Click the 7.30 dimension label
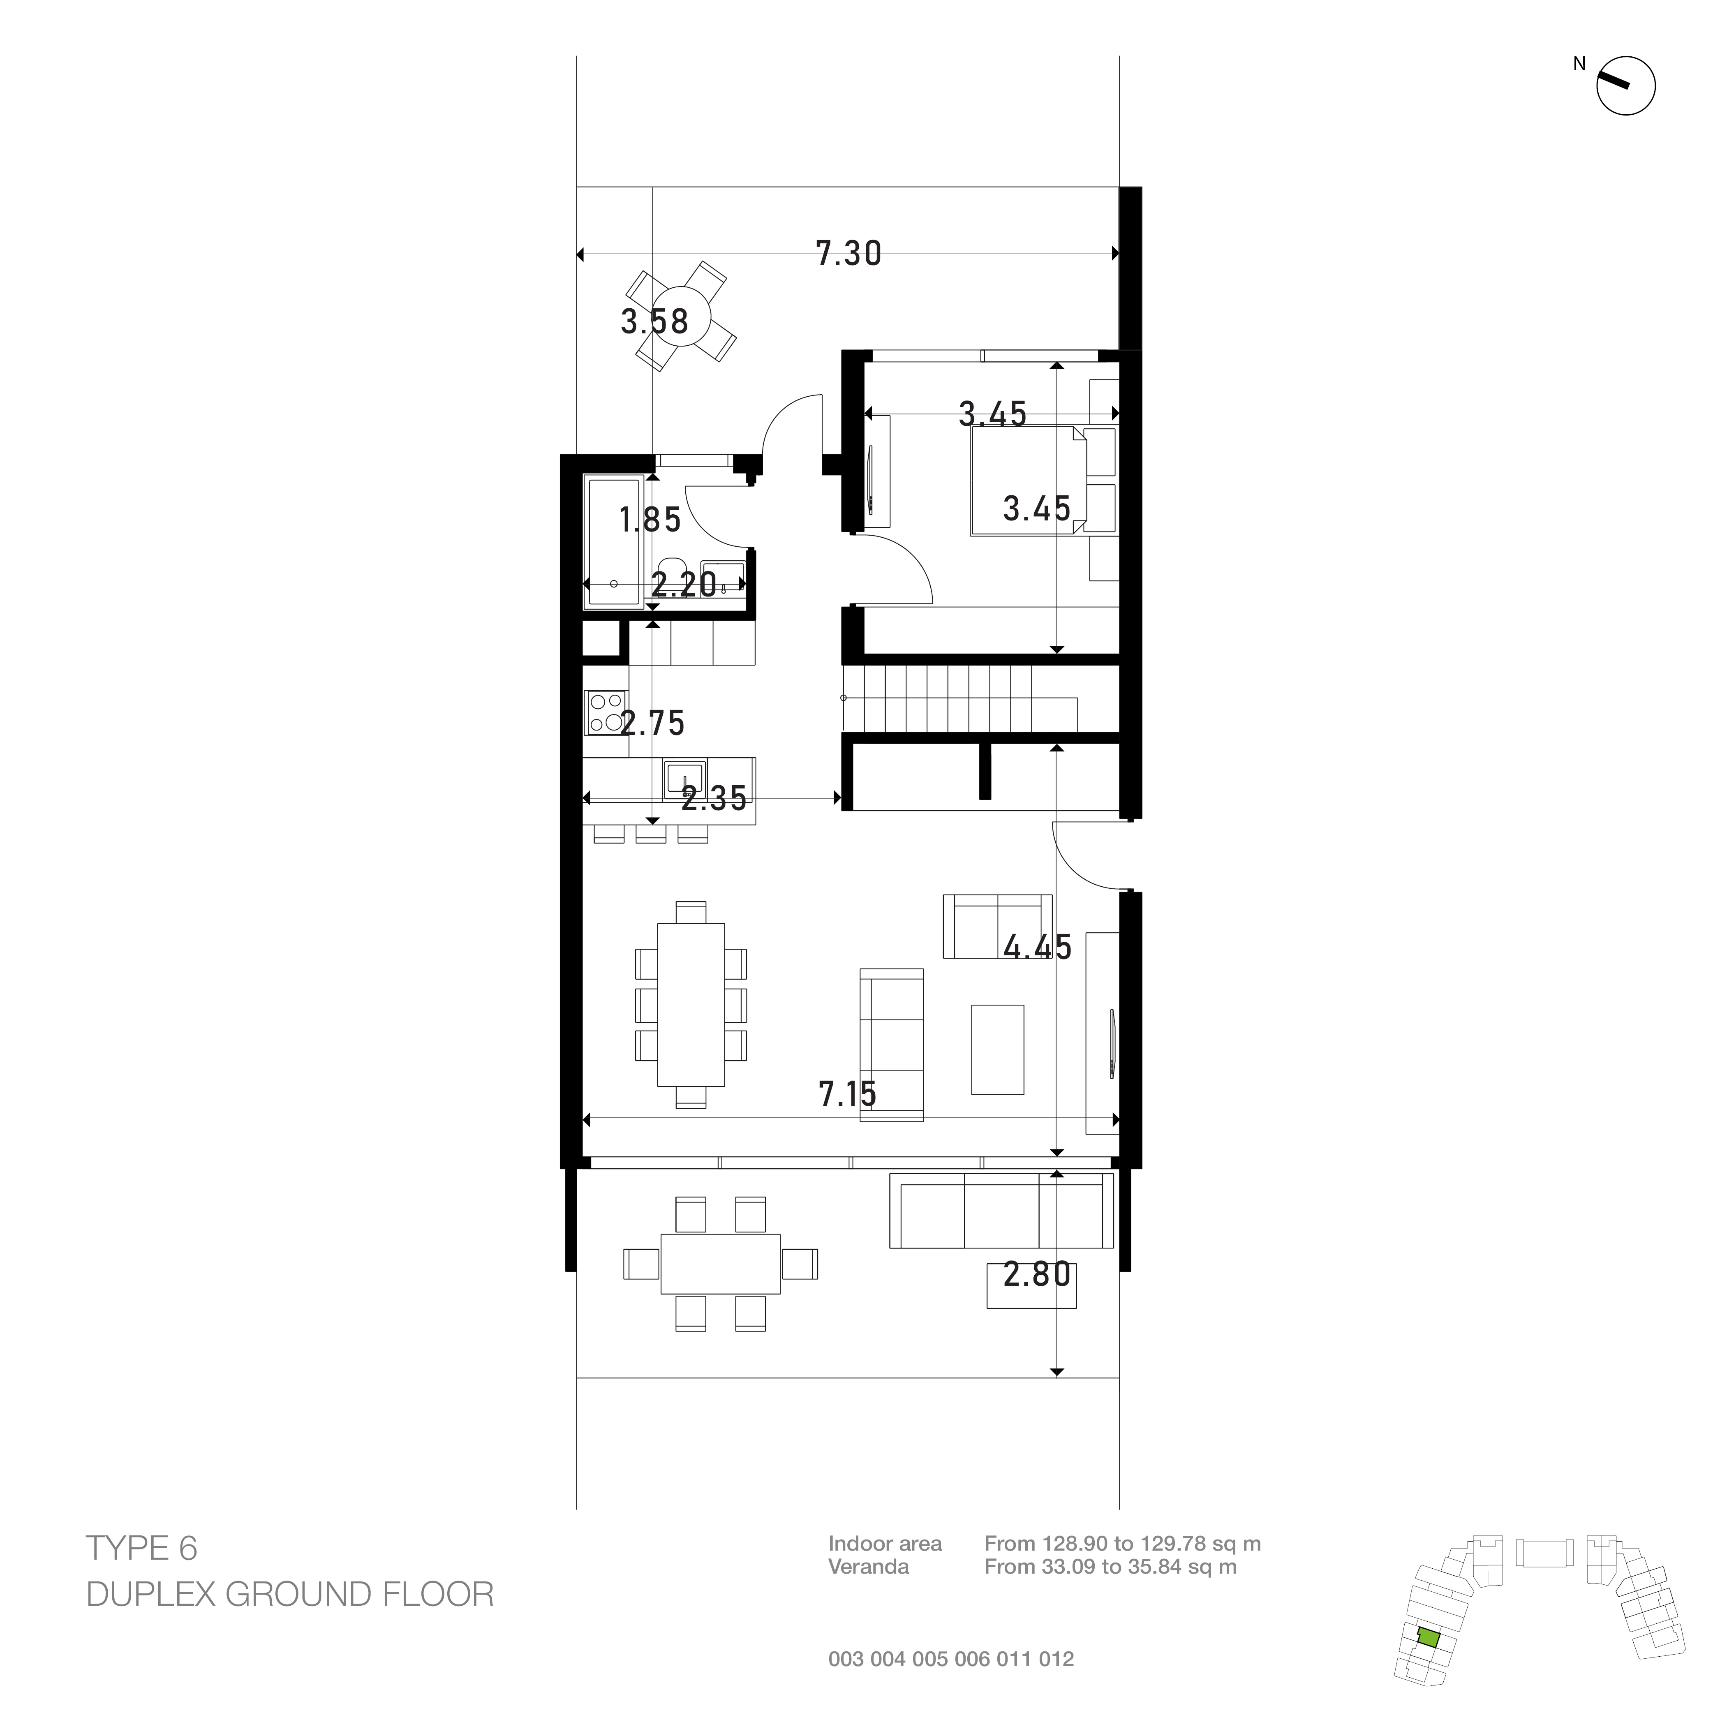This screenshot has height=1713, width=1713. coord(848,254)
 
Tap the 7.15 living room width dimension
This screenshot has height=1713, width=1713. coord(848,1095)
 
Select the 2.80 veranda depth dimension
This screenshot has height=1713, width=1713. coord(1037,1275)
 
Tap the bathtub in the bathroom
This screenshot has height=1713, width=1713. coord(614,542)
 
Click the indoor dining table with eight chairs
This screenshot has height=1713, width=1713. coord(691,1005)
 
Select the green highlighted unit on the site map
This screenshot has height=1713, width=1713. coord(1427,1637)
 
